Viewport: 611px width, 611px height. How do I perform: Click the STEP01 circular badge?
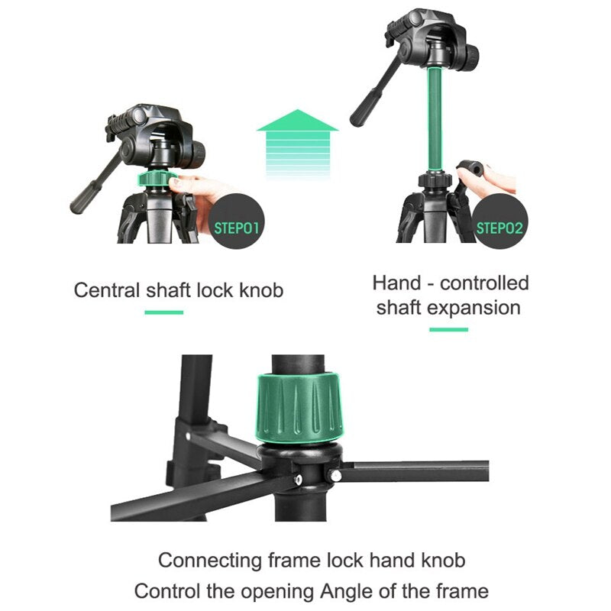pyautogui.click(x=238, y=227)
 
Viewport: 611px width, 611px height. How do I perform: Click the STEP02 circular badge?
pyautogui.click(x=499, y=227)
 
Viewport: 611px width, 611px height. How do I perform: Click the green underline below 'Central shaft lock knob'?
pyautogui.click(x=163, y=312)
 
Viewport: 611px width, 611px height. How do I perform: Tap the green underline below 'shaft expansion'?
pyautogui.click(x=448, y=329)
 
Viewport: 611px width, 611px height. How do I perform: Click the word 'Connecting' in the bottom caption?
pyautogui.click(x=209, y=560)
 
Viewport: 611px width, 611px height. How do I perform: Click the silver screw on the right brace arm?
pyautogui.click(x=334, y=475)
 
